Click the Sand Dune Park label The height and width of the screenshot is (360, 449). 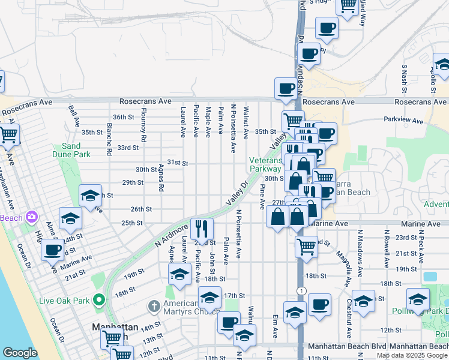(71, 150)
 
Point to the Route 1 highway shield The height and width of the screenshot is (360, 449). (299, 290)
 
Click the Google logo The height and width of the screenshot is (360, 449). (20, 353)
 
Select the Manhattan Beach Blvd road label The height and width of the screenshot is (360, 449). (346, 347)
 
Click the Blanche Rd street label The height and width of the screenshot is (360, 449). (109, 139)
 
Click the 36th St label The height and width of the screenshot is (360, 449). (122, 117)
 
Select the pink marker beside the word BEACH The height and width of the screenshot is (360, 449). (31, 216)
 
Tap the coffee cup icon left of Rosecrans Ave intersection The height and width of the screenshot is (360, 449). (286, 89)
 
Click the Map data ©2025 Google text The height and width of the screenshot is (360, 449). (412, 355)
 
